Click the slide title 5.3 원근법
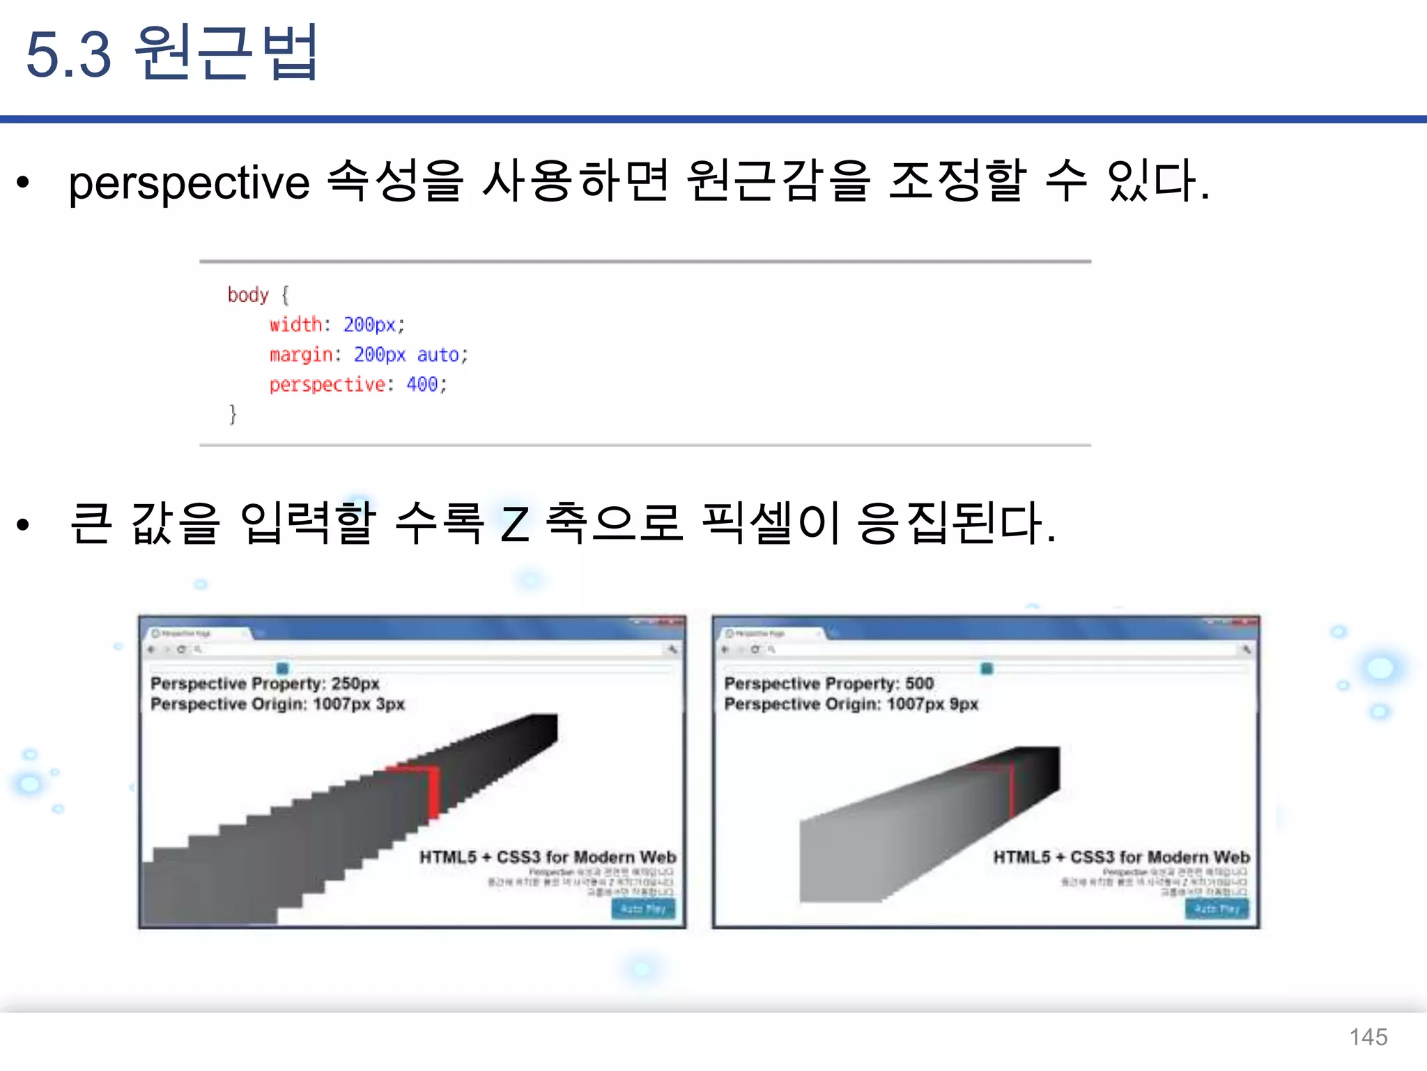(x=171, y=53)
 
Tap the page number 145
(x=1368, y=1037)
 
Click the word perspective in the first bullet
(x=189, y=183)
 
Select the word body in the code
(x=247, y=295)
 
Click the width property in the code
(x=295, y=325)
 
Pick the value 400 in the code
(x=422, y=384)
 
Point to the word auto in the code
(x=438, y=355)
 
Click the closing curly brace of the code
(x=233, y=414)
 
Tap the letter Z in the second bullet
(x=515, y=524)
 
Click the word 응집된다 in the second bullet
(x=955, y=523)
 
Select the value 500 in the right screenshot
(x=919, y=683)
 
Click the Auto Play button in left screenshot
(x=643, y=909)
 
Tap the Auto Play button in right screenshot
(x=1217, y=909)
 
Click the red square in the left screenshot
(x=416, y=788)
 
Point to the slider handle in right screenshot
(x=987, y=669)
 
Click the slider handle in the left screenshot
(x=282, y=668)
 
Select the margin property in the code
(x=301, y=355)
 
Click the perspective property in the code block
(x=327, y=385)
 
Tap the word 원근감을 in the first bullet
(x=778, y=181)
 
